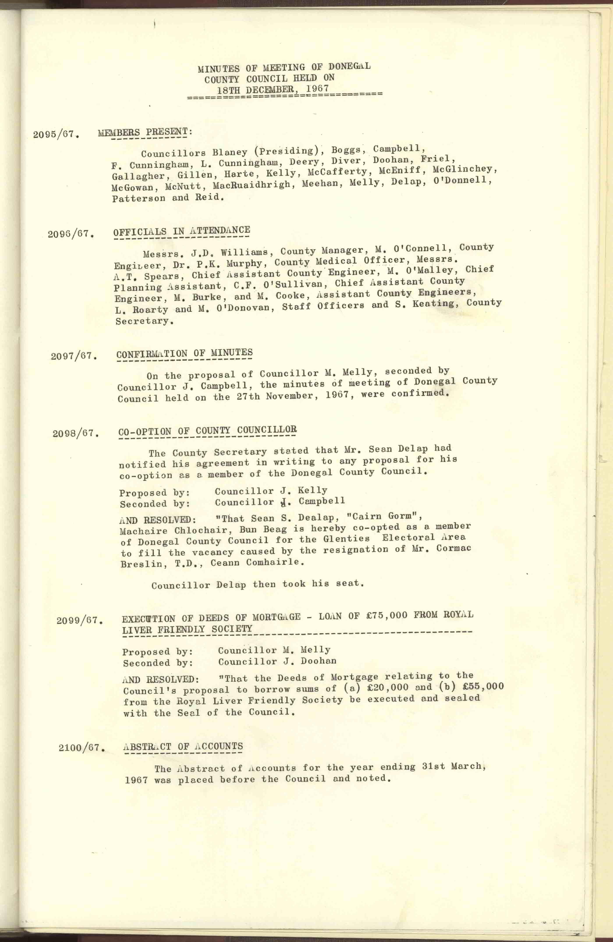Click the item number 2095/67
56,134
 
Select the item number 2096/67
71,234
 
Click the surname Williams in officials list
244,252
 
